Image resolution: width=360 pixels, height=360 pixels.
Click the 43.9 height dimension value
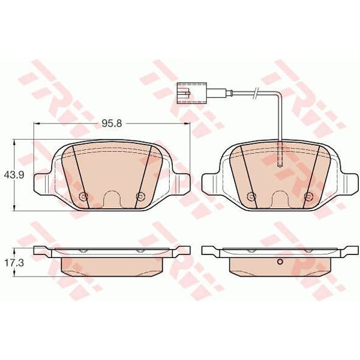pyautogui.click(x=14, y=175)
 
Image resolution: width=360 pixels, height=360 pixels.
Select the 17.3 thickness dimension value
pyautogui.click(x=14, y=263)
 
